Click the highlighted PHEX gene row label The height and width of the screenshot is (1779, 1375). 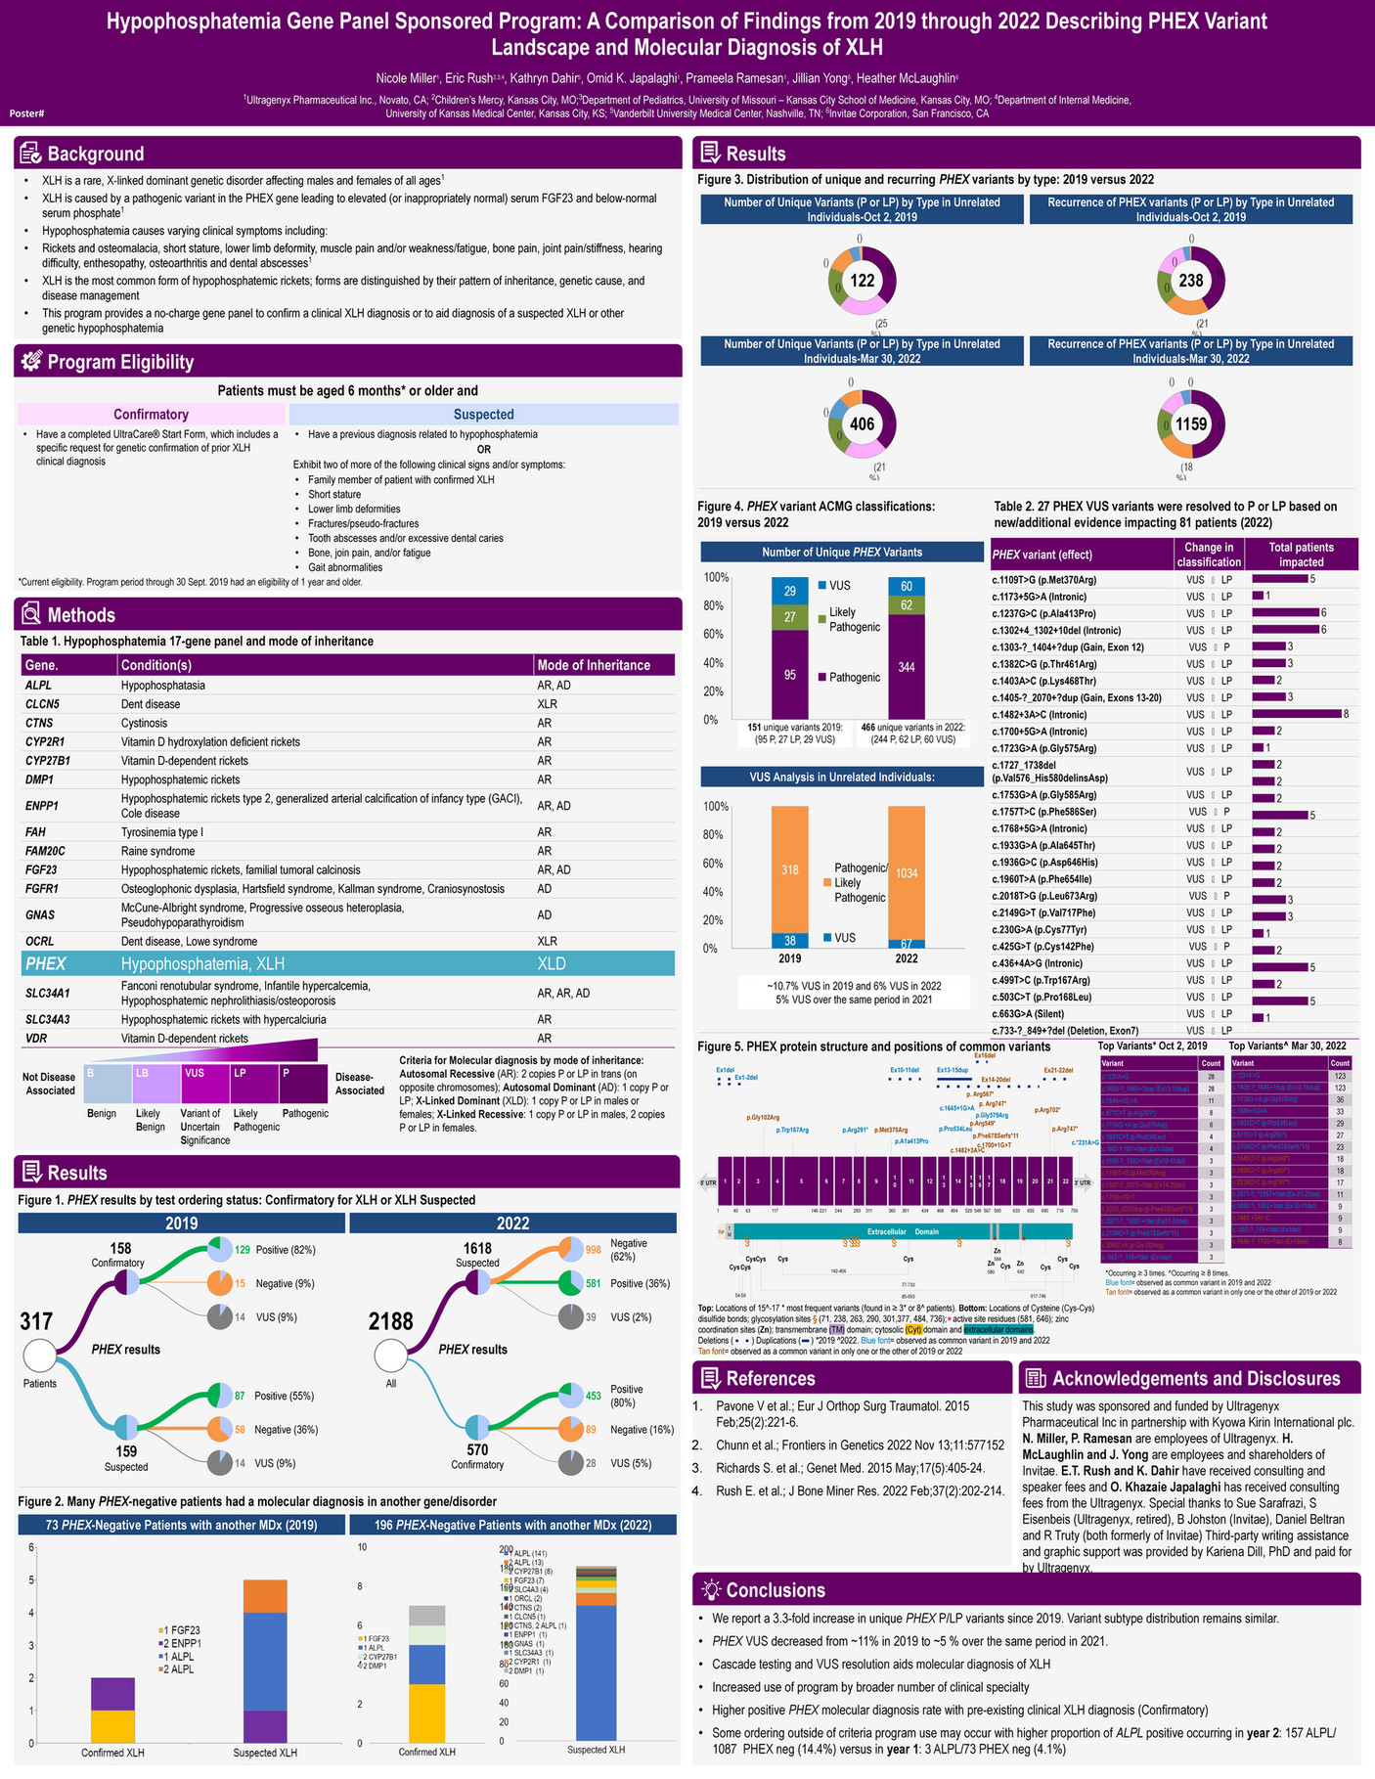[x=46, y=963]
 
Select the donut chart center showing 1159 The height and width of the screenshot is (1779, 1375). [x=1191, y=424]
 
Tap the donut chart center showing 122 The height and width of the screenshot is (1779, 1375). [x=862, y=282]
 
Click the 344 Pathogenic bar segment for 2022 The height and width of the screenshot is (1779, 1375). [x=907, y=667]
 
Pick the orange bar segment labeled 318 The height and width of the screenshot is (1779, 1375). [x=789, y=869]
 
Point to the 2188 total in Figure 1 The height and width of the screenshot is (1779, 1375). [x=391, y=1321]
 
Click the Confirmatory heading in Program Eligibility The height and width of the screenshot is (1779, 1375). [x=152, y=415]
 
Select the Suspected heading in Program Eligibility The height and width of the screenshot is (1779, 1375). [x=483, y=415]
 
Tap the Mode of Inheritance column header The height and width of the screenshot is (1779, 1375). [x=594, y=665]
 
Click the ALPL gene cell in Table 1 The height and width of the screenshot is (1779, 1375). [x=38, y=686]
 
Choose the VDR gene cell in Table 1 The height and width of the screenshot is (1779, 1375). [x=37, y=1039]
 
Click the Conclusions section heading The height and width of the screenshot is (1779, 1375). [x=776, y=1590]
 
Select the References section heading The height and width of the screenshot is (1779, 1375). [x=770, y=1379]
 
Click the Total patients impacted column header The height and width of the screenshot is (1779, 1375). [x=1301, y=555]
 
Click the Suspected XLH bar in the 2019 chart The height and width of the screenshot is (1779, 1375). [x=265, y=1661]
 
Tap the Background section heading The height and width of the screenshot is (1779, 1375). [x=95, y=154]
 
